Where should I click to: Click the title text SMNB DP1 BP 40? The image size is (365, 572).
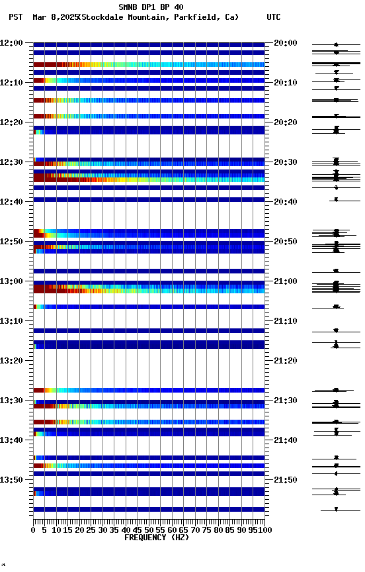click(x=151, y=7)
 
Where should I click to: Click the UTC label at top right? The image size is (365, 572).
click(x=273, y=17)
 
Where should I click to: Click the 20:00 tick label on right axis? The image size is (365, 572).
click(x=285, y=43)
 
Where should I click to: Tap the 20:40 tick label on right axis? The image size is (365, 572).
click(x=285, y=202)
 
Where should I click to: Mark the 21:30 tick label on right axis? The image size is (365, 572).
click(x=285, y=401)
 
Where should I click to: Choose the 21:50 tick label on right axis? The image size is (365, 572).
click(x=285, y=480)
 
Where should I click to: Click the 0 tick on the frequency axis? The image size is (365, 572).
click(x=34, y=530)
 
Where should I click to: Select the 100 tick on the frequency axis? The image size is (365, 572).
click(x=264, y=530)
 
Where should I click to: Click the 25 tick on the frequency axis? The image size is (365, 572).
click(x=91, y=530)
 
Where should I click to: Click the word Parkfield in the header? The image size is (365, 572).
click(x=196, y=17)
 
